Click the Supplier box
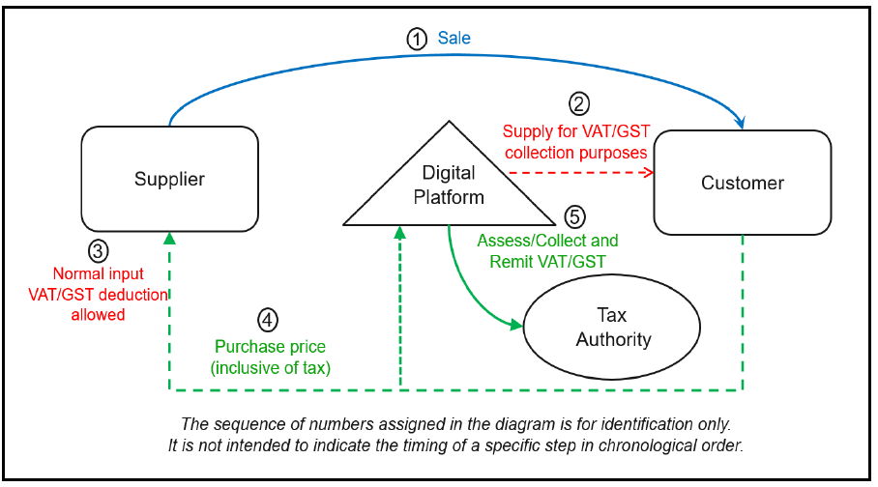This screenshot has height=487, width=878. click(169, 180)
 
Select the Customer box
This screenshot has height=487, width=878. click(742, 183)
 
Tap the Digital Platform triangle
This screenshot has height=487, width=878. click(450, 185)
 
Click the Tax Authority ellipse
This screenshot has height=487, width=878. click(613, 328)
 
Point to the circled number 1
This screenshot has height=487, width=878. click(416, 40)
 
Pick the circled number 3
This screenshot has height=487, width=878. click(98, 251)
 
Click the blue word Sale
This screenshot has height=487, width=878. click(454, 39)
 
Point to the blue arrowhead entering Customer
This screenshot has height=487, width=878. click(742, 124)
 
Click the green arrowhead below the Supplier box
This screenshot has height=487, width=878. click(169, 238)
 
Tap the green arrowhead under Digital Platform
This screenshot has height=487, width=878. click(399, 233)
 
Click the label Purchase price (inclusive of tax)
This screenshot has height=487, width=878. click(270, 356)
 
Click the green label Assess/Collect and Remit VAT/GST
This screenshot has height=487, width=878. click(546, 250)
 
